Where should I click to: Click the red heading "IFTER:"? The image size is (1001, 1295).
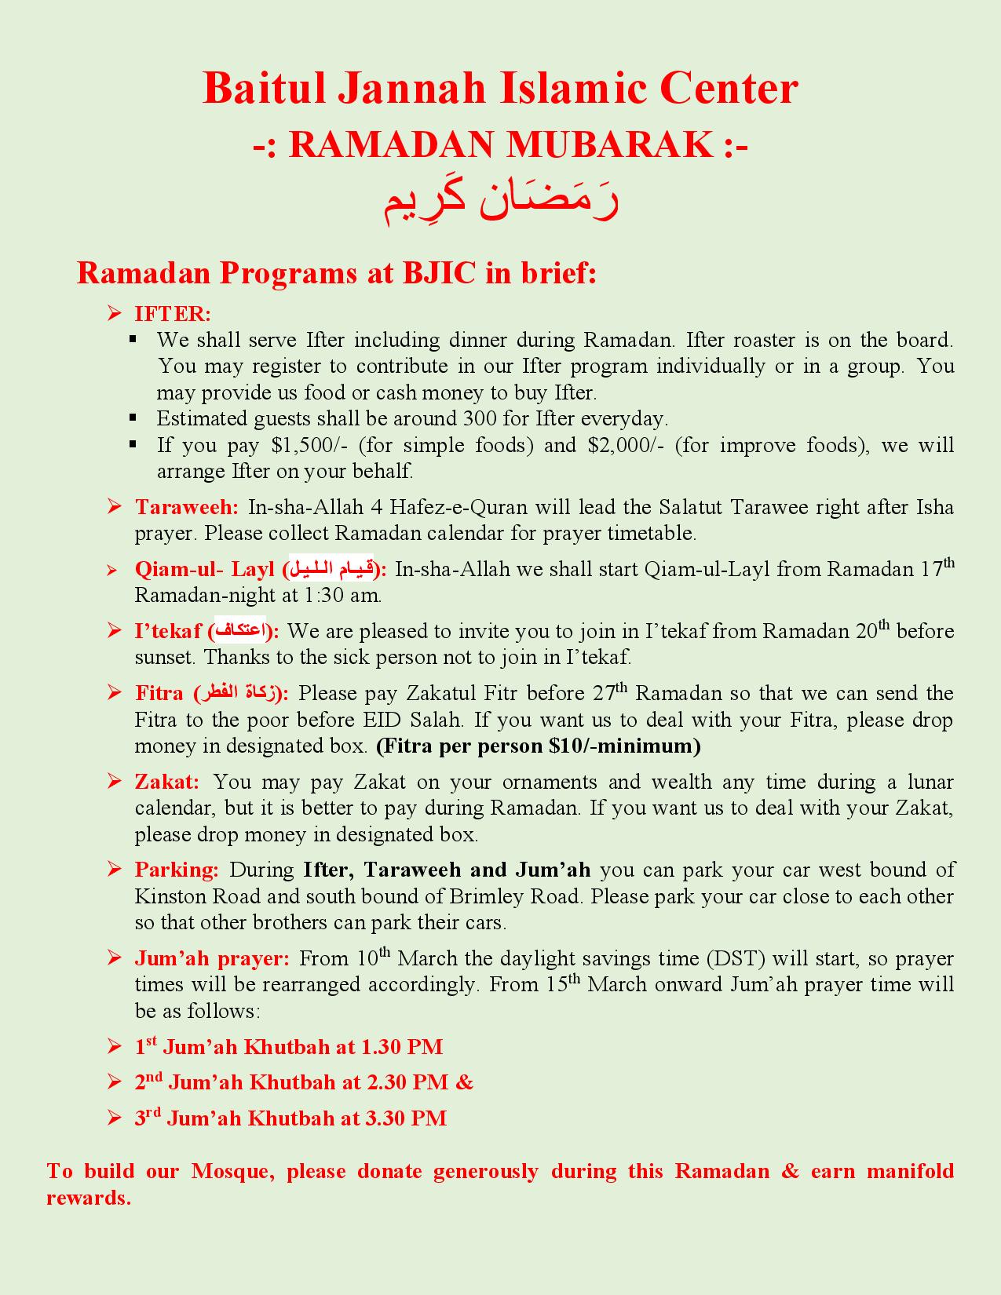coord(173,314)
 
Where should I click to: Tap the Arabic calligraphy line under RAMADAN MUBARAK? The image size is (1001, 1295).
coord(501,202)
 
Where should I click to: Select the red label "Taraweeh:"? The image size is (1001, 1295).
coord(187,507)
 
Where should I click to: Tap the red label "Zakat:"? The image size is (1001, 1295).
coord(167,782)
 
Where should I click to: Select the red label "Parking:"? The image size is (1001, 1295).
coord(177,870)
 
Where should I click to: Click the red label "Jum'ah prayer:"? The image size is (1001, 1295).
coord(212,958)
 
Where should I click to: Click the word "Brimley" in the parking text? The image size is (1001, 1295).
coord(485,896)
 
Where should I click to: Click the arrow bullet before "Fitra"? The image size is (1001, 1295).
coord(115,693)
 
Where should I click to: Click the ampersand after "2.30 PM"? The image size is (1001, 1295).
coord(465,1082)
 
